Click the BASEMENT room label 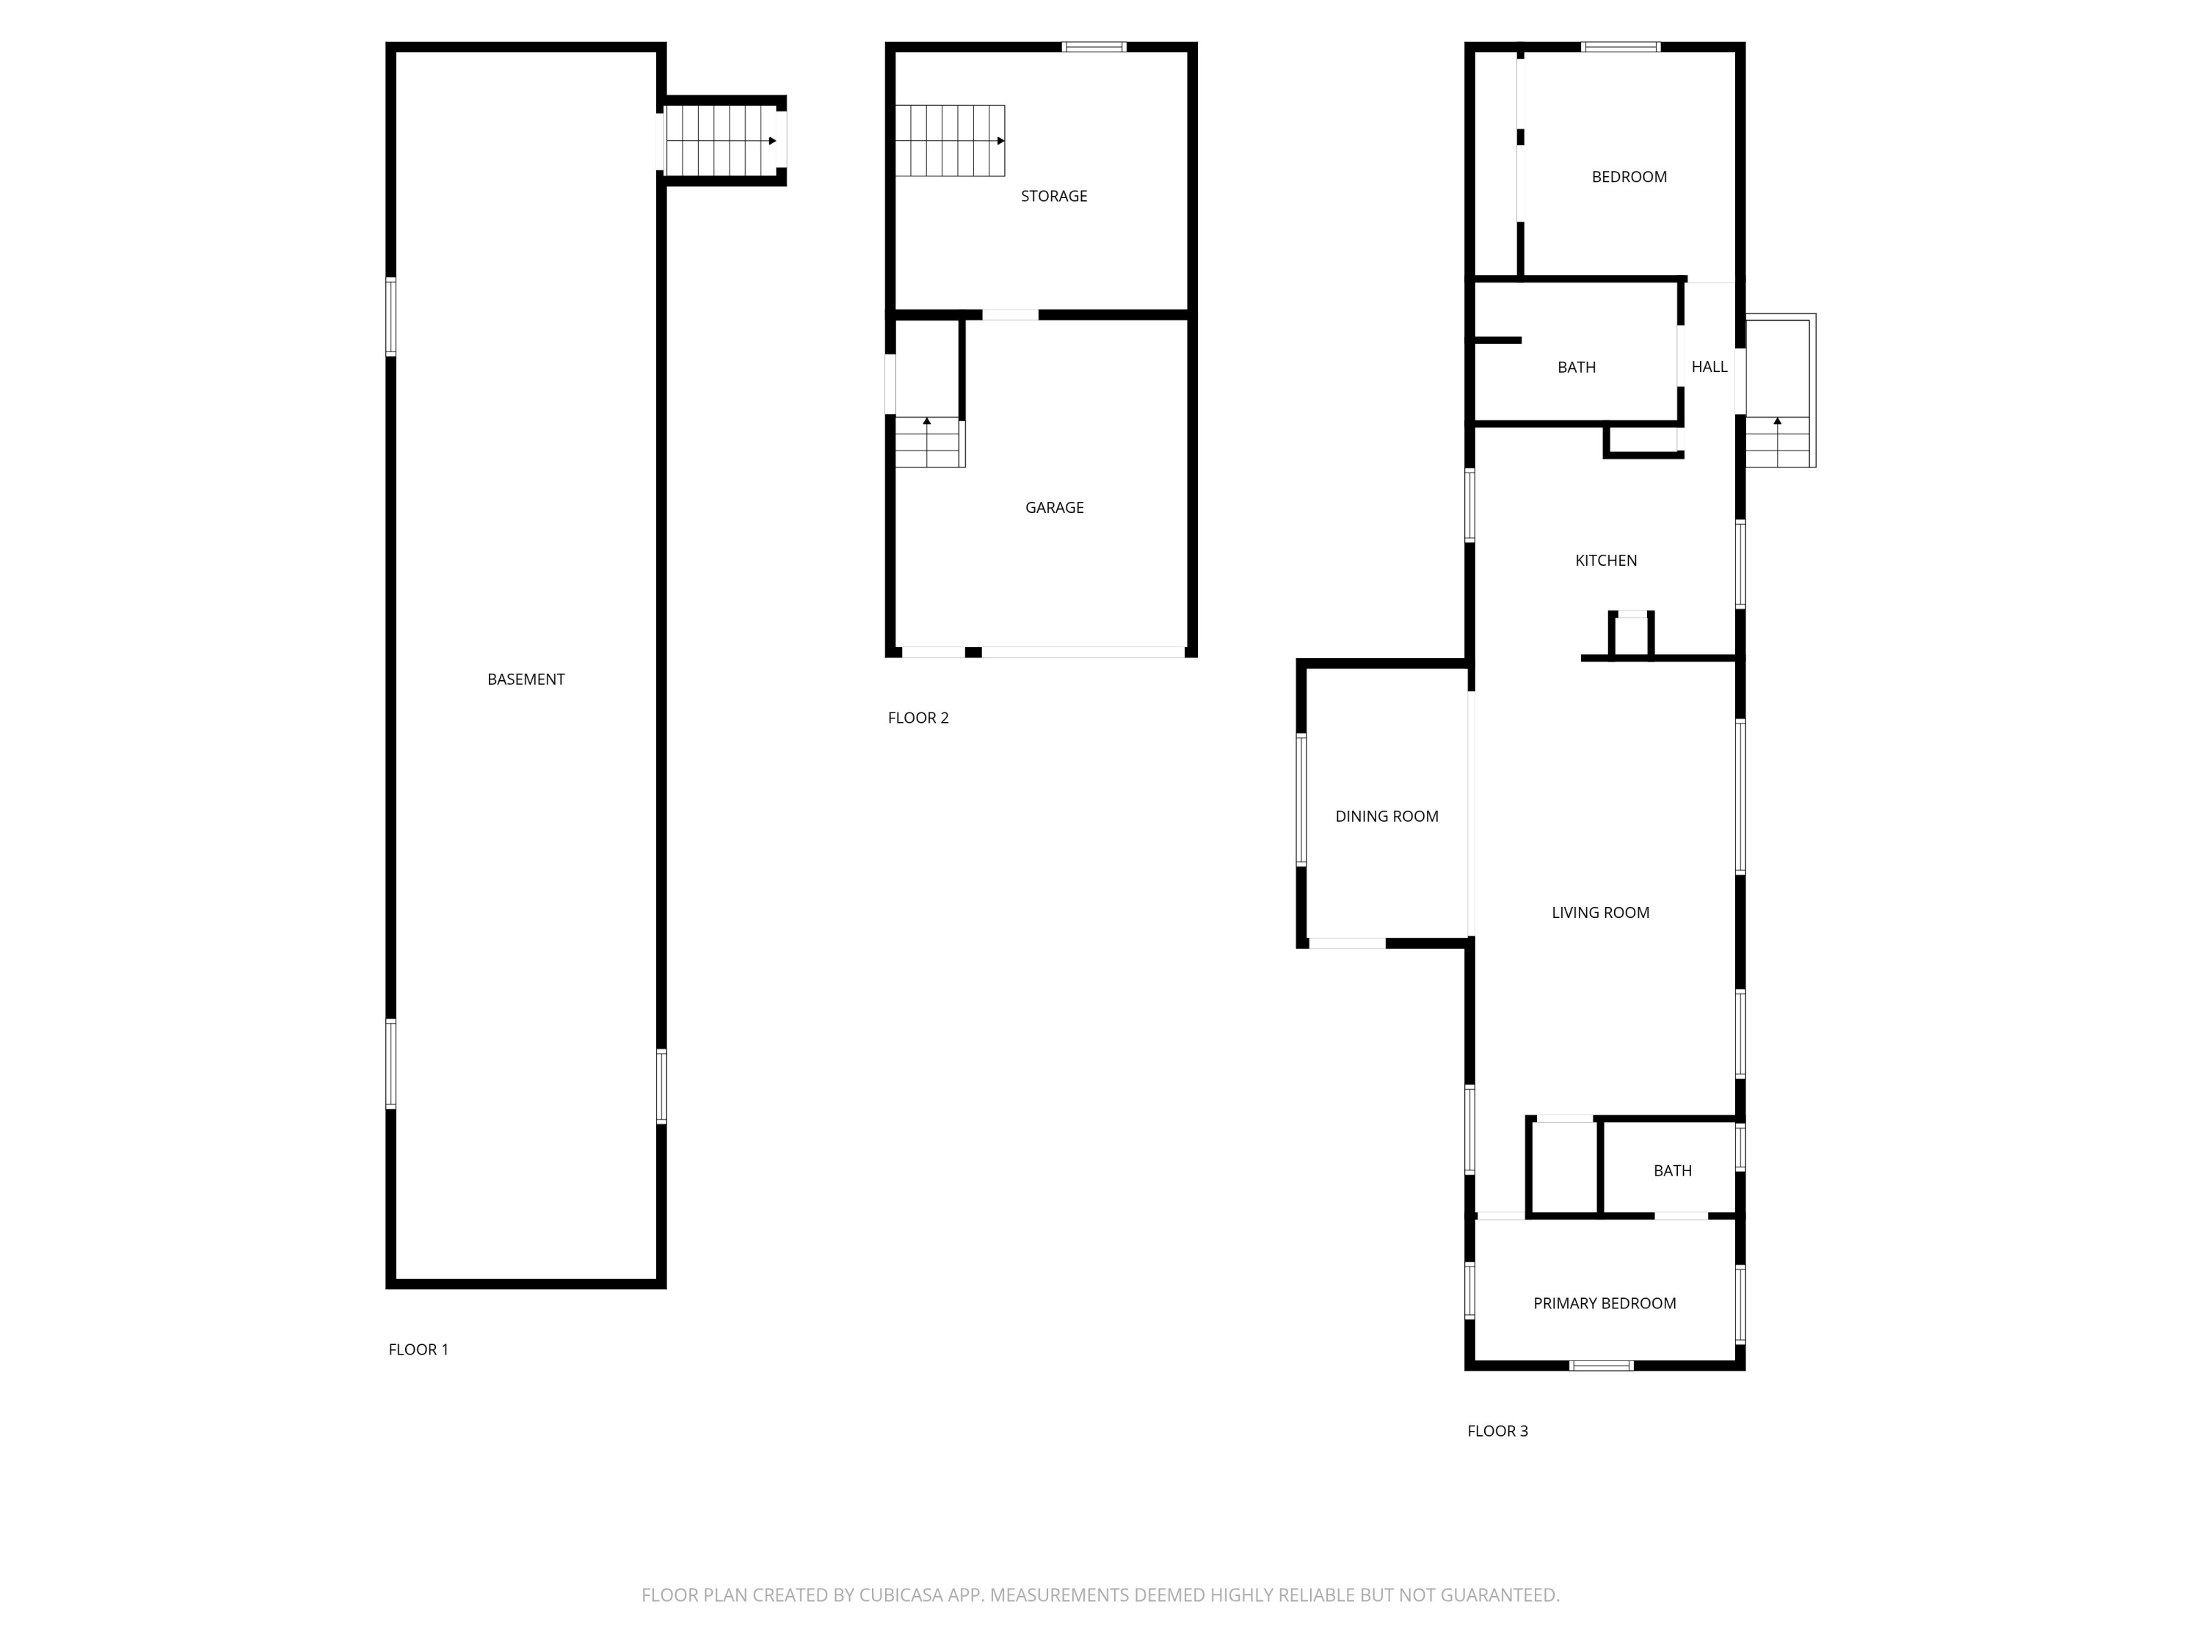pyautogui.click(x=526, y=679)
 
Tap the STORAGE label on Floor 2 pyautogui.click(x=1053, y=196)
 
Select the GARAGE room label pyautogui.click(x=1054, y=508)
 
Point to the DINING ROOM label pyautogui.click(x=1387, y=816)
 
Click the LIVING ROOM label pyautogui.click(x=1599, y=913)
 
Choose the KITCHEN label pyautogui.click(x=1606, y=561)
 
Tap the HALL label pyautogui.click(x=1709, y=367)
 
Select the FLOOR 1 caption pyautogui.click(x=418, y=1349)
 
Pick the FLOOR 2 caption pyautogui.click(x=917, y=718)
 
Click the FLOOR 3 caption pyautogui.click(x=1497, y=1431)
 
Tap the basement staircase pyautogui.click(x=721, y=140)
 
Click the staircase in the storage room pyautogui.click(x=950, y=140)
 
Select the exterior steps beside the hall pyautogui.click(x=1780, y=442)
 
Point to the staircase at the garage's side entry pyautogui.click(x=928, y=442)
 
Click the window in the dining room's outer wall pyautogui.click(x=1301, y=799)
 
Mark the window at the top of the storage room pyautogui.click(x=1094, y=47)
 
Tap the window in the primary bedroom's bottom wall pyautogui.click(x=1602, y=1366)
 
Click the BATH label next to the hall pyautogui.click(x=1576, y=367)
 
